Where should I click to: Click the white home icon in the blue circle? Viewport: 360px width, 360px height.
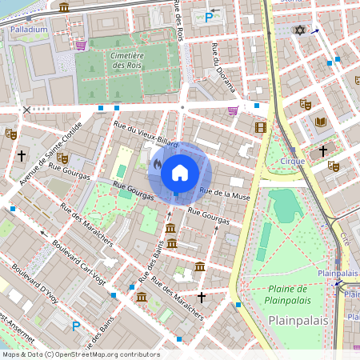180,172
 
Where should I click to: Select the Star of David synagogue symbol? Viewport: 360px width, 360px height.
301,30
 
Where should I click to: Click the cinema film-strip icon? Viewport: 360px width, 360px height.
260,126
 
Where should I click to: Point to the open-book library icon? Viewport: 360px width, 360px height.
321,122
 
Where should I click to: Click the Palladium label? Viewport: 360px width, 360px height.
30,29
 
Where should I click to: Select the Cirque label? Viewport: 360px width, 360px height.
293,161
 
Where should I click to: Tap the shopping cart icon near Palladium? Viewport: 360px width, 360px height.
81,46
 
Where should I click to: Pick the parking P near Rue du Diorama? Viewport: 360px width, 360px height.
210,16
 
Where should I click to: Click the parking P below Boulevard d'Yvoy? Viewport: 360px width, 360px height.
76,326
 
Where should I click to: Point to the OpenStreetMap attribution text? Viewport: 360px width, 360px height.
80,354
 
